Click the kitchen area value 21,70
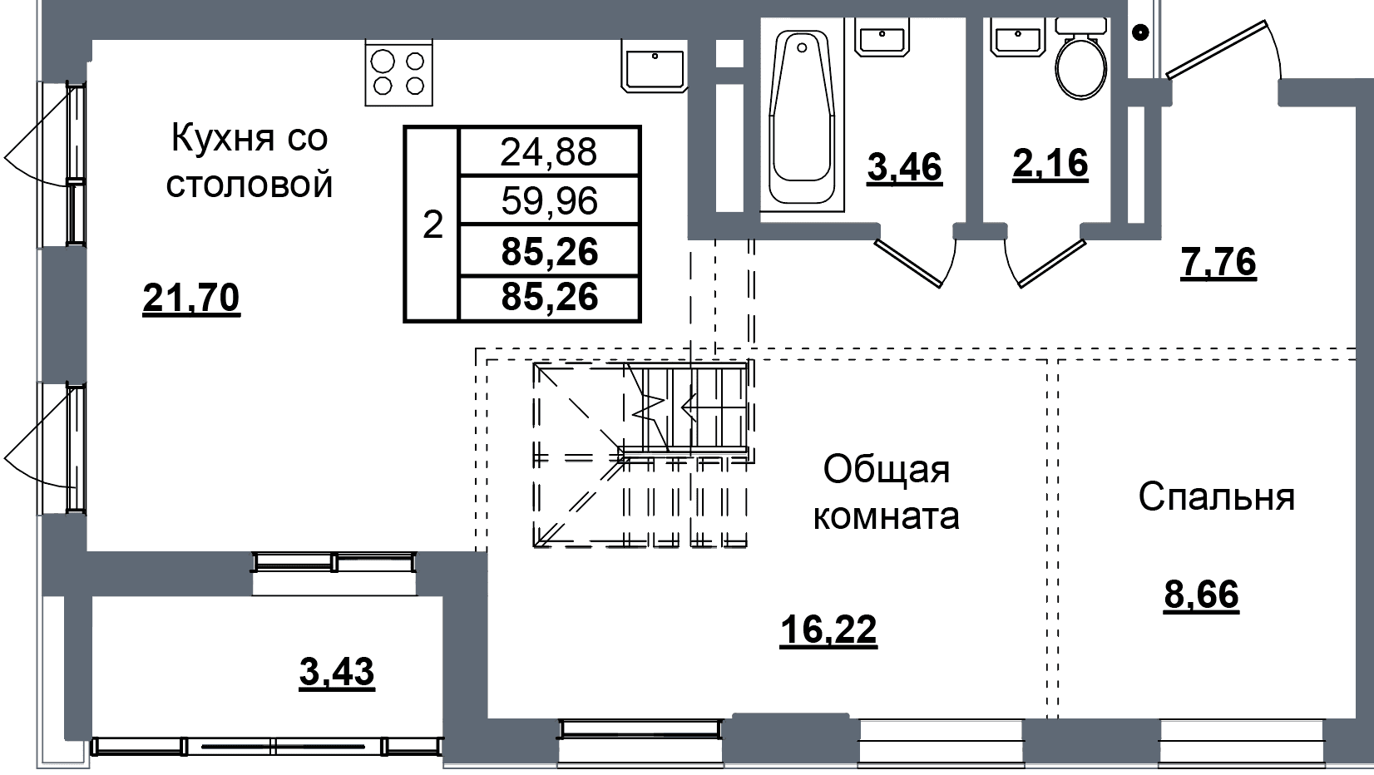(x=190, y=299)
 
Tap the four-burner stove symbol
(x=398, y=73)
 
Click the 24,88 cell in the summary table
(x=549, y=152)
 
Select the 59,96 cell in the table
(x=549, y=201)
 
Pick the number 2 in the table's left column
(x=432, y=225)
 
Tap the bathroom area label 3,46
(x=905, y=167)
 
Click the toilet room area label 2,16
(x=1050, y=164)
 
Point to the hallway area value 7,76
(x=1218, y=263)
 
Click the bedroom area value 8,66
(x=1202, y=595)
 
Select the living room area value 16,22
(x=828, y=629)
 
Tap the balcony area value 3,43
(x=337, y=672)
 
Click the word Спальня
(x=1216, y=496)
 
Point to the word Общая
(x=887, y=471)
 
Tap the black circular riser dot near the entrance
(x=1140, y=32)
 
